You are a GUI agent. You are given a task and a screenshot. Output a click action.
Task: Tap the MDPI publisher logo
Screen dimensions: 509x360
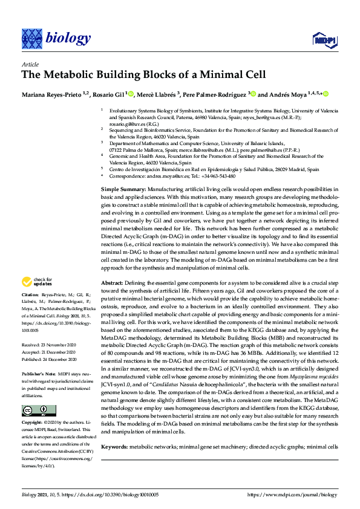(x=324, y=40)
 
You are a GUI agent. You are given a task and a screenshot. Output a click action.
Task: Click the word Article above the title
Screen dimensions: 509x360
(x=30, y=64)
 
